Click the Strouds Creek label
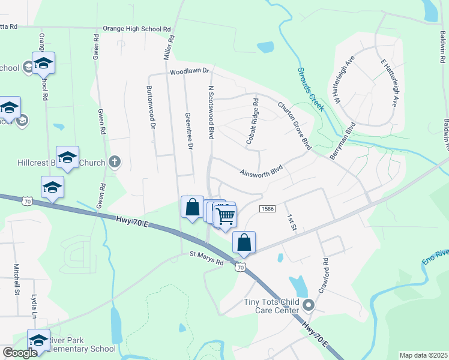point(311,89)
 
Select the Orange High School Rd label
point(137,28)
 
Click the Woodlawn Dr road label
point(188,71)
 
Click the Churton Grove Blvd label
point(295,125)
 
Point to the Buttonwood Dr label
point(151,107)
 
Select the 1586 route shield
point(267,208)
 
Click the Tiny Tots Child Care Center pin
point(309,305)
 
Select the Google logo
point(20,353)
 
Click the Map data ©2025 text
point(423,355)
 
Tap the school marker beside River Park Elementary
point(39,340)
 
